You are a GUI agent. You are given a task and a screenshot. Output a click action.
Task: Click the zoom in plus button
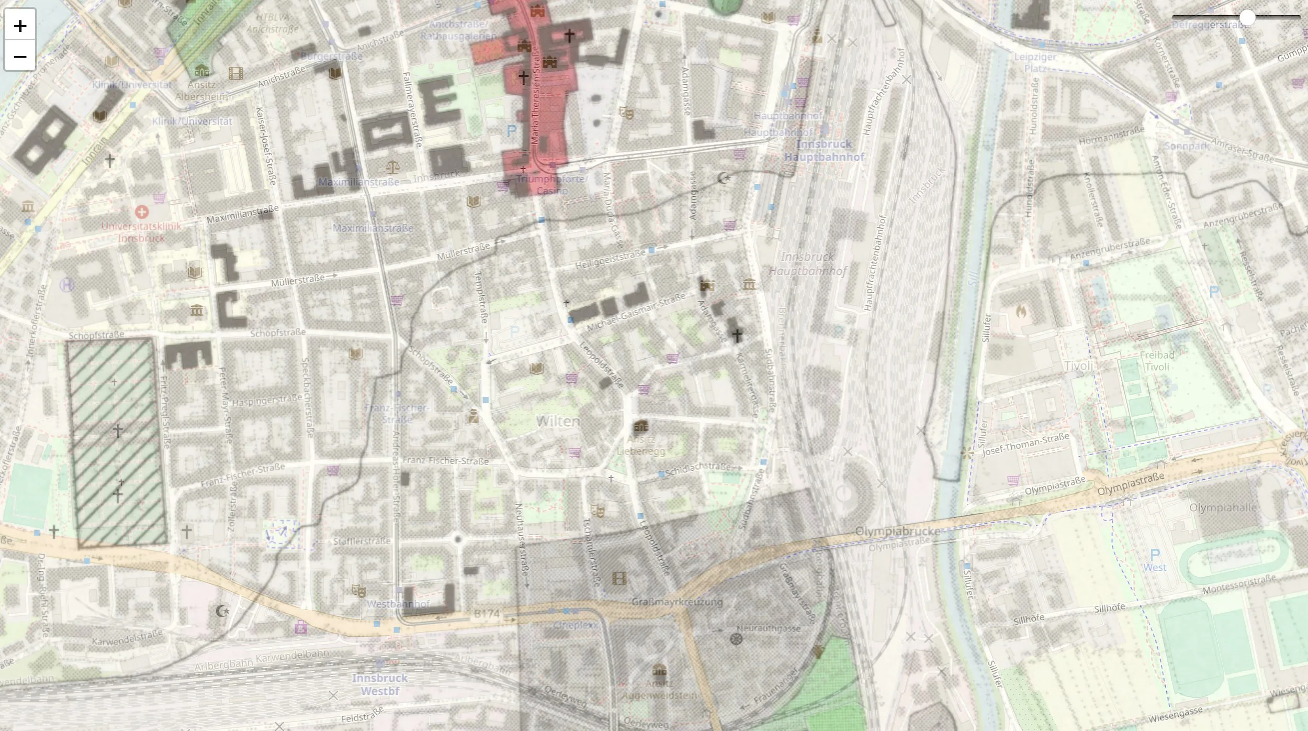20,25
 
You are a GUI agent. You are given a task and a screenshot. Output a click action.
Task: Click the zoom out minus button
20,56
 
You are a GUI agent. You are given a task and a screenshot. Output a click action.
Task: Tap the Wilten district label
558,421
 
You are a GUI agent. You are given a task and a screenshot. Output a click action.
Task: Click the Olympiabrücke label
898,531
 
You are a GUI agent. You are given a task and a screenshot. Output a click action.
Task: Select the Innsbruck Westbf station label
380,684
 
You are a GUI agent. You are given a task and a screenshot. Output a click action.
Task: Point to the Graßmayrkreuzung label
677,602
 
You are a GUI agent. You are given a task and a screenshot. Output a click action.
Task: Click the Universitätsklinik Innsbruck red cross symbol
141,212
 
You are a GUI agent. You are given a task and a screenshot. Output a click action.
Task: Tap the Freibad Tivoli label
1157,361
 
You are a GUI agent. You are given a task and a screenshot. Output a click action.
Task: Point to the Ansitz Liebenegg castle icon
641,426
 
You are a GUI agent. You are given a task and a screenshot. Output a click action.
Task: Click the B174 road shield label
486,613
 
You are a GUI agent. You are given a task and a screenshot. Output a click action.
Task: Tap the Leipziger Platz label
1035,62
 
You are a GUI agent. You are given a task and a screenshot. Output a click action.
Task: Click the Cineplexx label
576,625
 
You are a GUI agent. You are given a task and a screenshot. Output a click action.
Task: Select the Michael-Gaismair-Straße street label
636,312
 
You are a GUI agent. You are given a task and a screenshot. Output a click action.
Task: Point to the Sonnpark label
1187,146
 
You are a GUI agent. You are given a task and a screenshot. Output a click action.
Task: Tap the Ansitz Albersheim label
201,91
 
